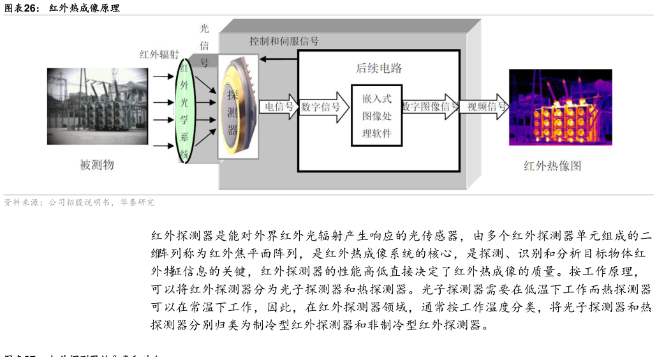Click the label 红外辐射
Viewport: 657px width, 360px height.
tap(159, 54)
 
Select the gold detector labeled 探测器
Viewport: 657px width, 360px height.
tap(237, 107)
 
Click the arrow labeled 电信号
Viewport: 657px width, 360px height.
tap(279, 107)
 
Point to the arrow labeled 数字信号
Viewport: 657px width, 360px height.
tap(323, 107)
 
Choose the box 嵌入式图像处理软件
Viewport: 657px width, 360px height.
tap(376, 116)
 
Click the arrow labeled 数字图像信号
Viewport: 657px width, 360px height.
tap(430, 107)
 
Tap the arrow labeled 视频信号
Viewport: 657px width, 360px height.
tap(486, 107)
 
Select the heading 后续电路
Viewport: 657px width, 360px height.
tap(379, 68)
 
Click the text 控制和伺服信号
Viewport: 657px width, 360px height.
tap(284, 41)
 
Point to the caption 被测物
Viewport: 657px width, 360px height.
tap(97, 165)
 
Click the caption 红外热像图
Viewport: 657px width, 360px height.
tap(552, 166)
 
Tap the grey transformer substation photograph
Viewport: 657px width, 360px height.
tap(97, 106)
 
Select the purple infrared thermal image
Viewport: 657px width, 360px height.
tap(560, 107)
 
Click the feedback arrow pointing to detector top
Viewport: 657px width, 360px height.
tap(279, 59)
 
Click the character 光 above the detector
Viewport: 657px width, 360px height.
tap(204, 29)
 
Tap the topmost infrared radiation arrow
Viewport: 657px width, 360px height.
tap(163, 77)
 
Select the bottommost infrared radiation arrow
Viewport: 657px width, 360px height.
tap(163, 146)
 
